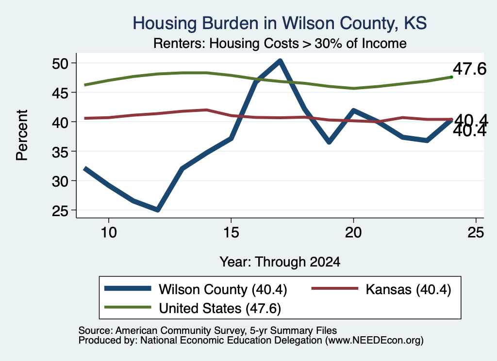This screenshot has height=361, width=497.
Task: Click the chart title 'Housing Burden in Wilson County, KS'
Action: coord(280,23)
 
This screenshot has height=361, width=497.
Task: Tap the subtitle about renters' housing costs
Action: coord(280,43)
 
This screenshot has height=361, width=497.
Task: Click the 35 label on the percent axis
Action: coord(60,152)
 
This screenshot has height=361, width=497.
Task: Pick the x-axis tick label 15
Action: coord(231,233)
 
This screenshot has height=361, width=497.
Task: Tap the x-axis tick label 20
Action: coord(353,233)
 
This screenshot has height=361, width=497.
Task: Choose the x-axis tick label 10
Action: coord(109,233)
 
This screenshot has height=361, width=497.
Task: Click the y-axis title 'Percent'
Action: coord(22,135)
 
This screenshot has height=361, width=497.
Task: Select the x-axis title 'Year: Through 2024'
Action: coord(280,262)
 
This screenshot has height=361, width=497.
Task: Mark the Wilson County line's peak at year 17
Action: coord(280,61)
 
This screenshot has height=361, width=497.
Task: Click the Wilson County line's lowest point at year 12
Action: coord(158,209)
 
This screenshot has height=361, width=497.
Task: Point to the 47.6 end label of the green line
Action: coord(469,69)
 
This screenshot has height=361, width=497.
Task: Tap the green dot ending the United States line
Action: coord(451,77)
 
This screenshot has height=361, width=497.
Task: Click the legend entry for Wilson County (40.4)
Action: coord(196,289)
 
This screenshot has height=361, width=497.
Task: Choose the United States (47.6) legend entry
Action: coord(193,308)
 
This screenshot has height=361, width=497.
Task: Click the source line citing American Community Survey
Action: coord(208,330)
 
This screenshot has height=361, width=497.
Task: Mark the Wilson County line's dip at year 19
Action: coord(329,141)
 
